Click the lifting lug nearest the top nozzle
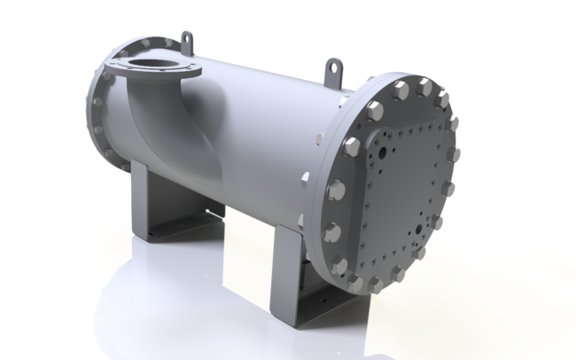click(187, 42)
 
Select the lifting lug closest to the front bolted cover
click(333, 68)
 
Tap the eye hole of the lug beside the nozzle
click(187, 38)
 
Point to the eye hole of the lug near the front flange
click(333, 65)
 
